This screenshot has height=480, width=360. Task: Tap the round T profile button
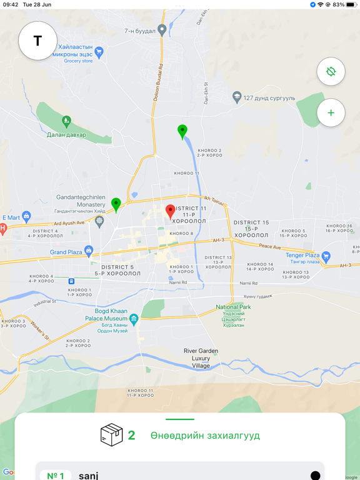click(38, 41)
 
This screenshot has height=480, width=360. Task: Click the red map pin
click(170, 211)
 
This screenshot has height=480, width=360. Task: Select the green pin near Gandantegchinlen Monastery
click(116, 204)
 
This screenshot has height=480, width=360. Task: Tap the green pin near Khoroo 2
click(182, 131)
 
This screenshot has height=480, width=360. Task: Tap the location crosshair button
click(331, 71)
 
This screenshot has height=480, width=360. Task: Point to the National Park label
click(233, 307)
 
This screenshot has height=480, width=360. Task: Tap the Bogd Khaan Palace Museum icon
click(134, 319)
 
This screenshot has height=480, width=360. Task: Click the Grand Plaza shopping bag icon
click(89, 252)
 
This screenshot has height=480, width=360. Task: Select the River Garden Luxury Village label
click(201, 358)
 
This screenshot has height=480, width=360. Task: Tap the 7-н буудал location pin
click(162, 29)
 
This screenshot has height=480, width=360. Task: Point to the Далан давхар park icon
click(66, 121)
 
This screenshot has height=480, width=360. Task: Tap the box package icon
click(111, 435)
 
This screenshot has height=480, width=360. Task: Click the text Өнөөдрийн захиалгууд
click(205, 436)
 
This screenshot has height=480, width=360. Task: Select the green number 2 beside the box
click(131, 435)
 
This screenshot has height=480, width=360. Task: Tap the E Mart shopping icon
click(26, 217)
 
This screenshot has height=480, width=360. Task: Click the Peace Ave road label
click(269, 246)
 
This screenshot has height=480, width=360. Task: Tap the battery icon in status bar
click(351, 4)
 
